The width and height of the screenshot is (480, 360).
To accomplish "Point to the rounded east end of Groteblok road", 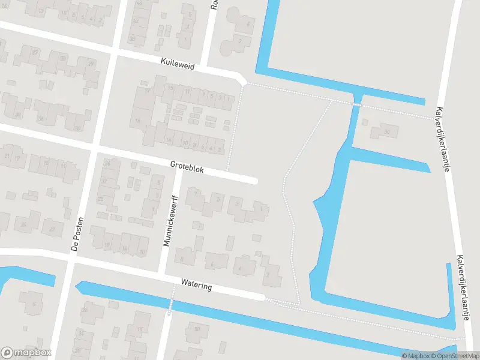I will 254,181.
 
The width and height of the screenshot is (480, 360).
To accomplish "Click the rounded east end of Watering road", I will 262,297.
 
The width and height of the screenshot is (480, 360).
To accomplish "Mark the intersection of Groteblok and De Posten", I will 94,148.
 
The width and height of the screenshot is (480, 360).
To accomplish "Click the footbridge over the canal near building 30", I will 356,105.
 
